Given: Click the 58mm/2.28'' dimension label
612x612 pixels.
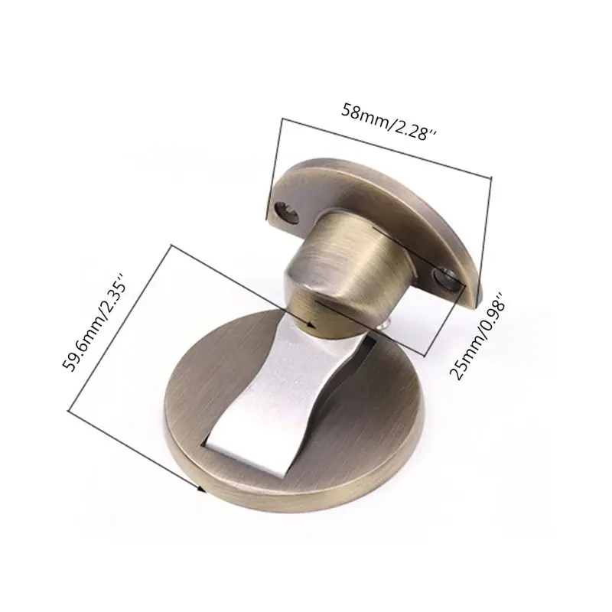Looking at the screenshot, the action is click(389, 122).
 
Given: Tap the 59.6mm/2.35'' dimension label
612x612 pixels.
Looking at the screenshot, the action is click(94, 323).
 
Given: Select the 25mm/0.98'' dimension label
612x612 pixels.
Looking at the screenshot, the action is click(477, 337).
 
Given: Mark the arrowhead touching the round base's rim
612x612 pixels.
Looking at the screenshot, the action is click(201, 489).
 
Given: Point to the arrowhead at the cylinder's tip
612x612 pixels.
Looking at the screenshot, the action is click(311, 324).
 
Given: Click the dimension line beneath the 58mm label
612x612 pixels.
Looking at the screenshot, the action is click(386, 148).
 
